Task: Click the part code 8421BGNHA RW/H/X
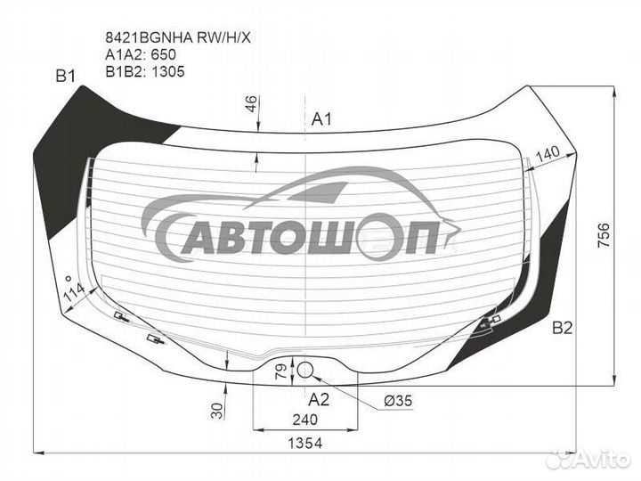pos(178,37)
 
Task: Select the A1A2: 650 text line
pos(141,54)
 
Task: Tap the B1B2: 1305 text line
pos(145,71)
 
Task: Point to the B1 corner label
pos(65,76)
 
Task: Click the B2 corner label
pos(562,328)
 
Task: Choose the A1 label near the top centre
pos(321,119)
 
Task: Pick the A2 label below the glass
pos(319,399)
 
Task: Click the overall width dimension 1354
pos(305,443)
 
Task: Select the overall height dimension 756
pos(604,235)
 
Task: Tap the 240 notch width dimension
pos(305,420)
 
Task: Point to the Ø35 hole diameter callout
pos(398,401)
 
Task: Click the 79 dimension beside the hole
pos(281,371)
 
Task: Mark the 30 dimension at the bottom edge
pos(218,411)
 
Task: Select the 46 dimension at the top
pos(250,103)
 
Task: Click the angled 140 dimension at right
pos(548,155)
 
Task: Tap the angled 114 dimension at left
pos(74,290)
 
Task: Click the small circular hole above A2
pos(304,371)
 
